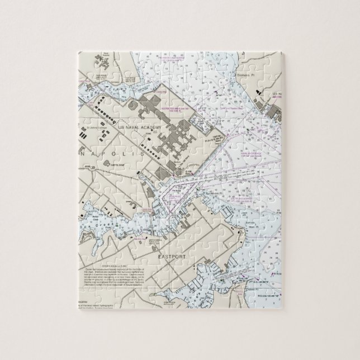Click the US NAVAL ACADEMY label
coord(140,128)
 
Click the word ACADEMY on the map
coord(150,128)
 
